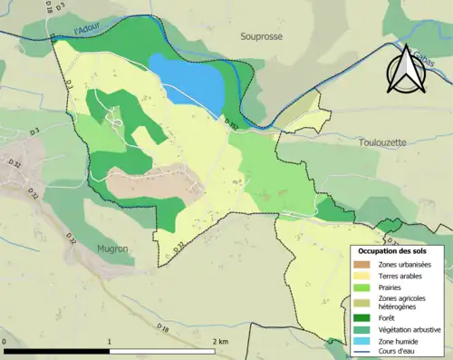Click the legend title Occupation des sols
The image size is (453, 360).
[395, 250]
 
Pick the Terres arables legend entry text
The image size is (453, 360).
[402, 276]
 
